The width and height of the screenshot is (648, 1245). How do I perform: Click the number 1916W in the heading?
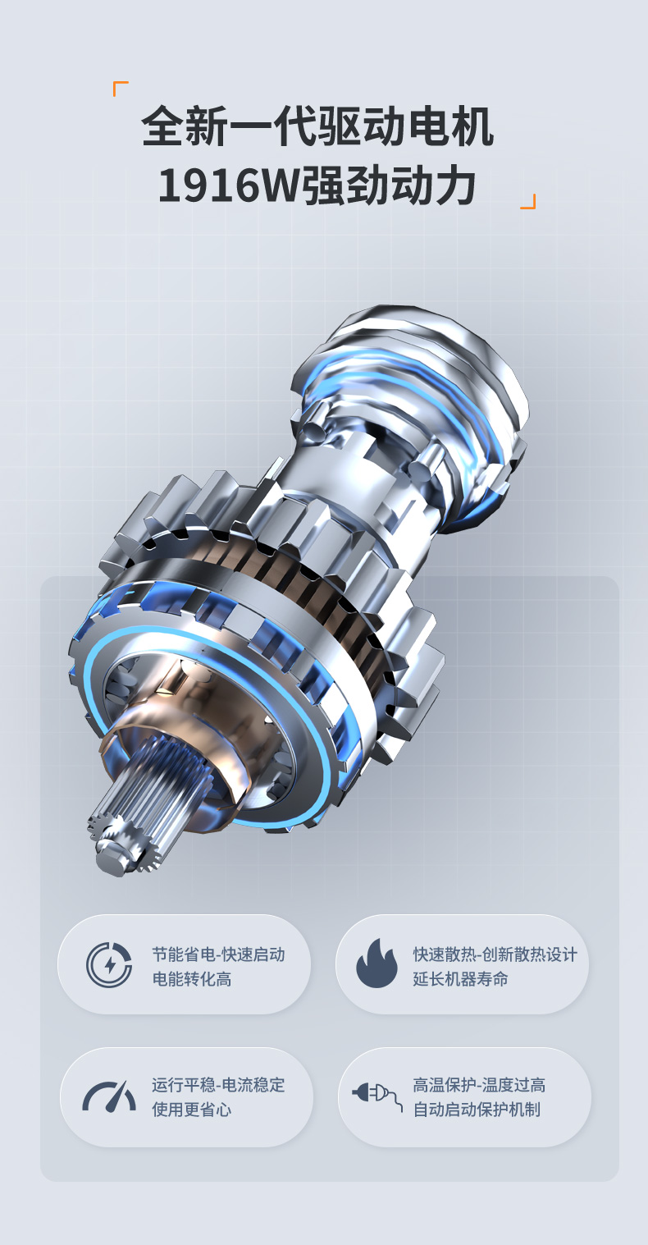pos(229,185)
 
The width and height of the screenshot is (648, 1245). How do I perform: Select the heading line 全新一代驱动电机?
pos(317,126)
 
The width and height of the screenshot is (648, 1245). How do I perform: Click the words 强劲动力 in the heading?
pos(388,185)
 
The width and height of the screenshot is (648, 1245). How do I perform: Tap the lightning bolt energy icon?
pos(109,965)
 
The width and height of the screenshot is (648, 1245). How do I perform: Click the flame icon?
pos(376,964)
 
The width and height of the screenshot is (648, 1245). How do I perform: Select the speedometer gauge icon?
pos(109,1096)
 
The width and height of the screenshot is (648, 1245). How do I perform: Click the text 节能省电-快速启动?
pos(219,954)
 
